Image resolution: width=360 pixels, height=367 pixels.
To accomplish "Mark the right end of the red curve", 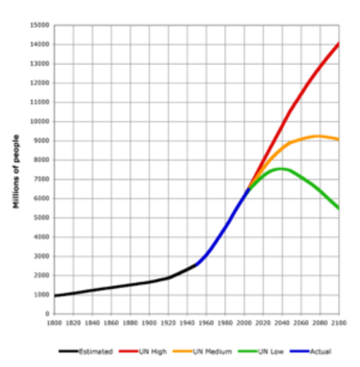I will pos(339,44).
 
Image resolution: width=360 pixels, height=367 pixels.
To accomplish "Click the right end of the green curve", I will pos(339,208).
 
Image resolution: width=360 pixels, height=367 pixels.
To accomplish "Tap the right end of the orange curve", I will pos(339,138).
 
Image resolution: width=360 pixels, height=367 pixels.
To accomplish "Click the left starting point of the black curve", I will pos(54,295).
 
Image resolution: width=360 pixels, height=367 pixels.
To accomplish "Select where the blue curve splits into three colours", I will pos(248,187).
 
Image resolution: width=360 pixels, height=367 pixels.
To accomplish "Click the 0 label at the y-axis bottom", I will pos(47,313).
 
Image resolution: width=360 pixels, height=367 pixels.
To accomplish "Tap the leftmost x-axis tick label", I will pos(54,323).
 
